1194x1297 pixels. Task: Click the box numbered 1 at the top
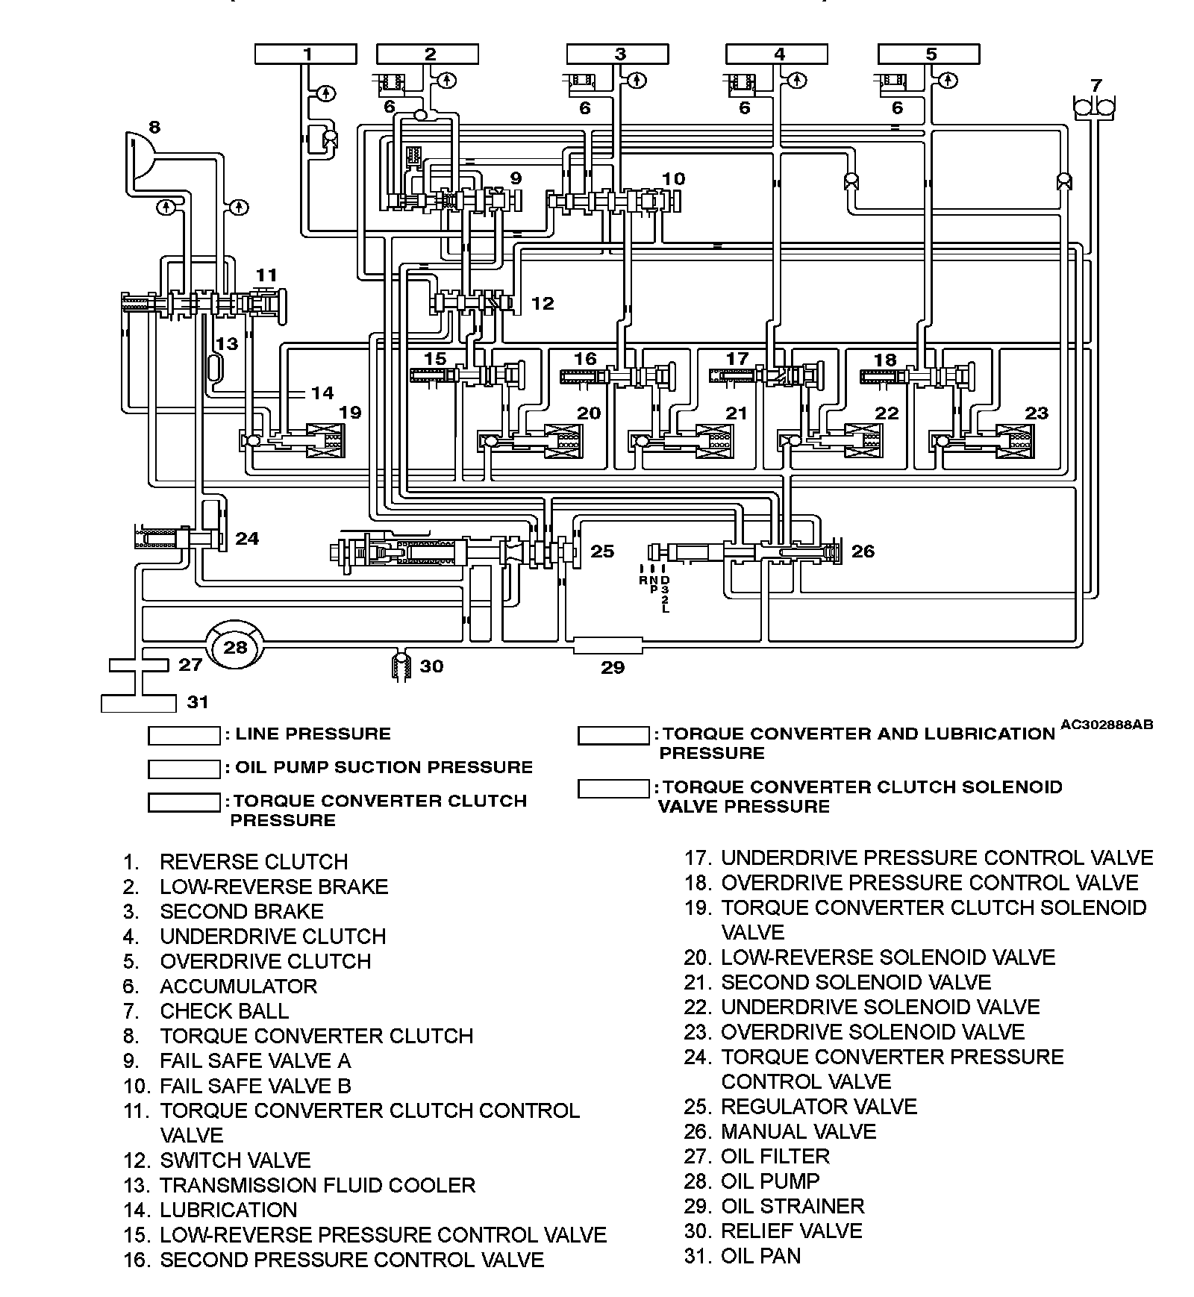pos(305,54)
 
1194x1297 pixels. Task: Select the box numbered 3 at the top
pos(618,54)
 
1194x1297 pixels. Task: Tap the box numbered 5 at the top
pos(928,54)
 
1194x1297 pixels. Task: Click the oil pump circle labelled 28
pos(235,646)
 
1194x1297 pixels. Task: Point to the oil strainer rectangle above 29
pos(607,645)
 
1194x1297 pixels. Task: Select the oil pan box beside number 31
pos(139,702)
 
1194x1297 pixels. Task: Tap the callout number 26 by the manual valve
pos(863,551)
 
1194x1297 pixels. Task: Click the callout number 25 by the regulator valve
pos(601,551)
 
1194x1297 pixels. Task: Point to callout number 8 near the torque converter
pos(154,127)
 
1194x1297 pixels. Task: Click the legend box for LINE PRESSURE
pos(184,735)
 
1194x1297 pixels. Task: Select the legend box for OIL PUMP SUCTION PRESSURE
pos(184,769)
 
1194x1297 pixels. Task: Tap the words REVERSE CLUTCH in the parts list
pos(254,862)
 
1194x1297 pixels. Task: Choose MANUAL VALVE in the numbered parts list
pos(798,1131)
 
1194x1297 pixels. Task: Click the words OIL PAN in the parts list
pos(760,1256)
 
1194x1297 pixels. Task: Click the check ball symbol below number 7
pos(1093,107)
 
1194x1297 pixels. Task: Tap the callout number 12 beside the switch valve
pos(543,303)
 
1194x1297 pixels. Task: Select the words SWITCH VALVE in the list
pos(235,1160)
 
